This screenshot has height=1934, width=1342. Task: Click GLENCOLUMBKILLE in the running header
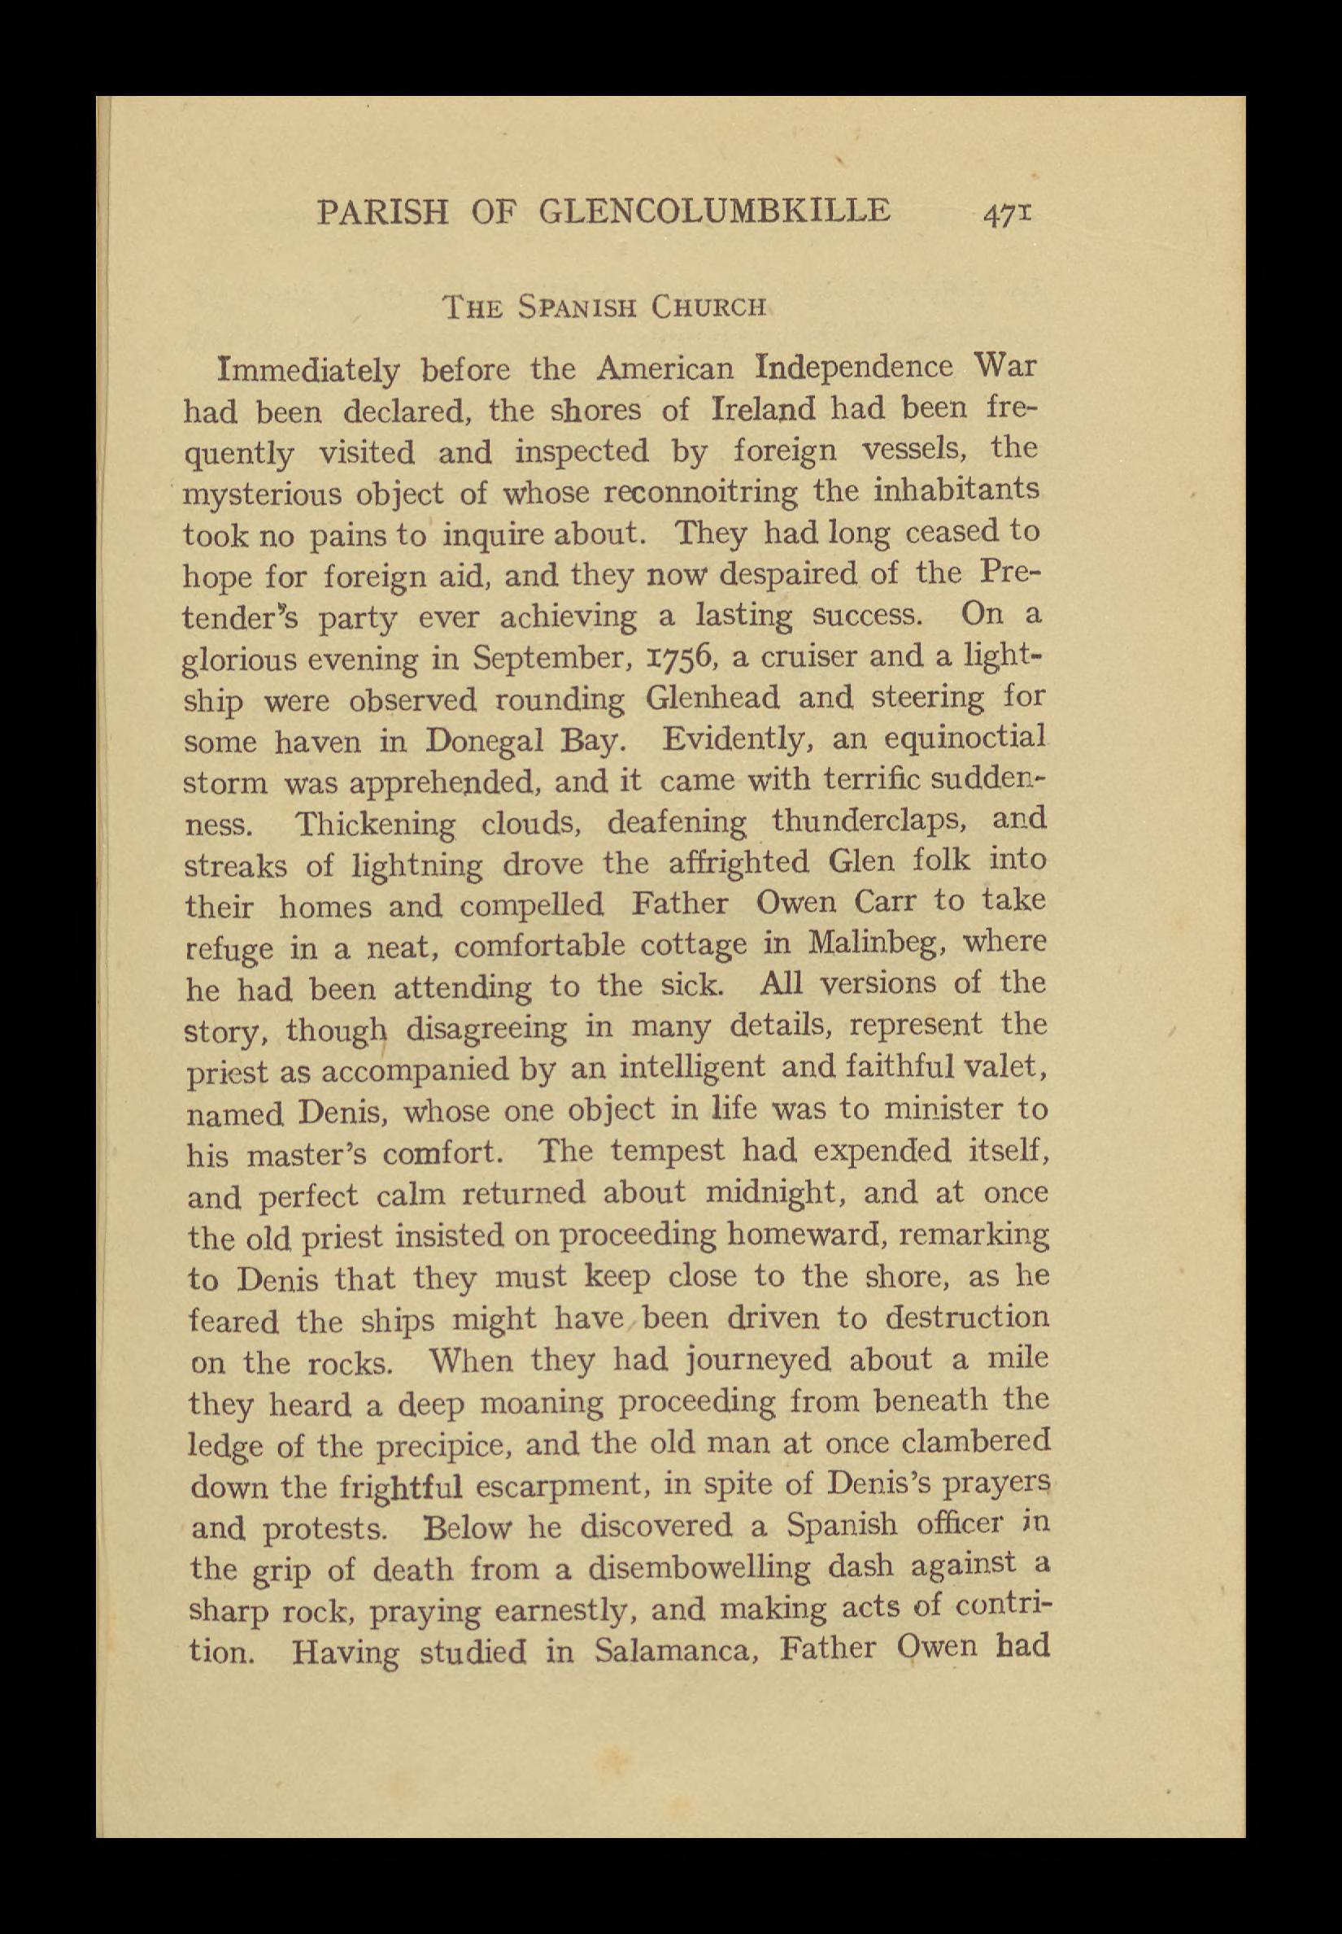click(x=713, y=210)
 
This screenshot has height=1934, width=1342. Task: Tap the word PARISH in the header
click(x=382, y=212)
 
